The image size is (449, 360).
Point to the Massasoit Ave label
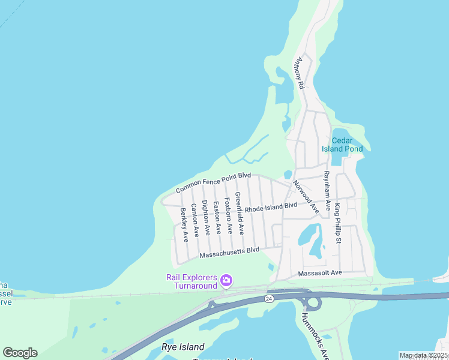pyautogui.click(x=320, y=273)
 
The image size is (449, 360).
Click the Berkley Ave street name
pyautogui.click(x=184, y=224)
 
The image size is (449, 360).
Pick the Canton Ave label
pyautogui.click(x=195, y=220)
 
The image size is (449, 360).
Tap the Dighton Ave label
pyautogui.click(x=206, y=217)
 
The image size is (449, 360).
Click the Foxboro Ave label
pyautogui.click(x=228, y=215)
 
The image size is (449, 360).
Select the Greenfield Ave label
pyautogui.click(x=239, y=213)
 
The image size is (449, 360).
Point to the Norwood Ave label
pyautogui.click(x=306, y=196)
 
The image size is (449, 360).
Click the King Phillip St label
pyautogui.click(x=338, y=224)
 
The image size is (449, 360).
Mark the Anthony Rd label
pyautogui.click(x=298, y=73)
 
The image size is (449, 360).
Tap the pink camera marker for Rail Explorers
pyautogui.click(x=226, y=280)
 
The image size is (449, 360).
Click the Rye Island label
pyautogui.click(x=183, y=347)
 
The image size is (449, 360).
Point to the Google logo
pyautogui.click(x=20, y=353)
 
